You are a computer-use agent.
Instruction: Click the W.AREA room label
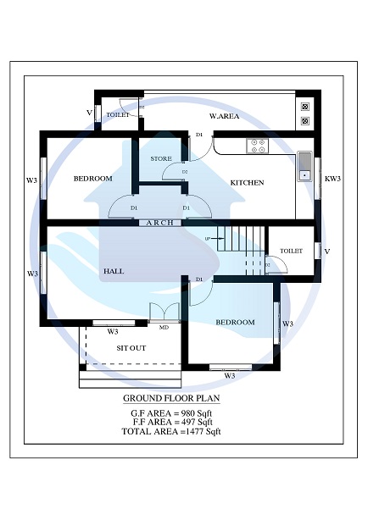[x=226, y=116]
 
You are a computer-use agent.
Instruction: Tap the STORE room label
[x=161, y=158]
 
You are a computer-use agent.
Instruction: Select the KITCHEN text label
[x=248, y=183]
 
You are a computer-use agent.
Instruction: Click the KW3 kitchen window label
[x=332, y=179]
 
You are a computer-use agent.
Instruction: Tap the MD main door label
[x=164, y=327]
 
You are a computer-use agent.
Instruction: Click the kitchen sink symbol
[x=305, y=167]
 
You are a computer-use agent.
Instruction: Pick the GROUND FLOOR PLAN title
[x=170, y=398]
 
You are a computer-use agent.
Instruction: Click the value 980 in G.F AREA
[x=186, y=412]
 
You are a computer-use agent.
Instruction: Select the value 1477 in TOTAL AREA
[x=195, y=431]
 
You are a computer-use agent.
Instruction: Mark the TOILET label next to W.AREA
[x=118, y=114]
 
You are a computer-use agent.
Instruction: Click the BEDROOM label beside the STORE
[x=92, y=179]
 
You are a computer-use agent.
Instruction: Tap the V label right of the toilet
[x=327, y=252]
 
